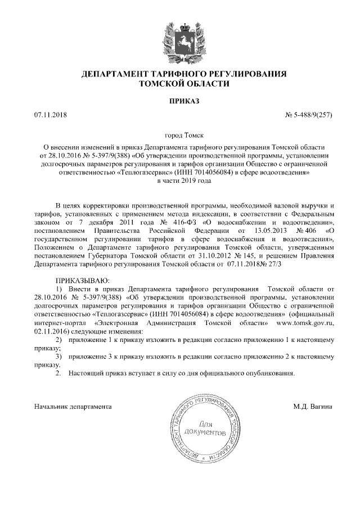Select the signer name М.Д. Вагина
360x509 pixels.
pos(313,406)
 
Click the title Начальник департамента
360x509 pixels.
pos(73,406)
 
